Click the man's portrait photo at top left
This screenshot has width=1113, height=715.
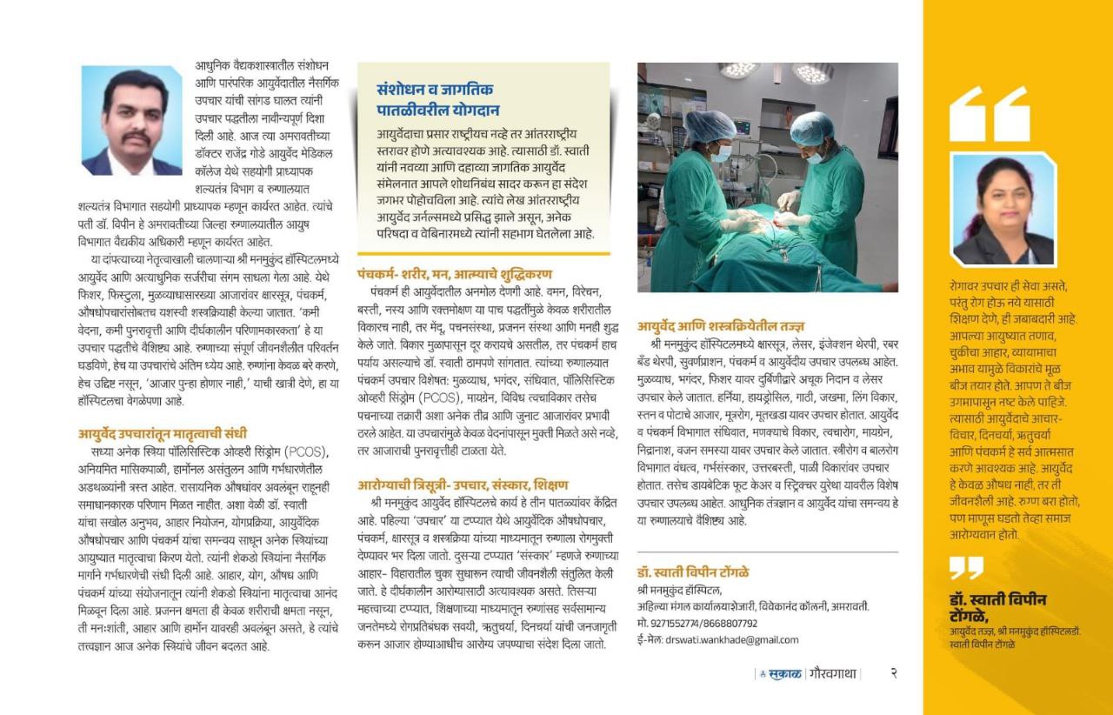click(x=132, y=121)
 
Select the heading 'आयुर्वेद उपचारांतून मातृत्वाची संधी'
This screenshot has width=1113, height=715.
click(x=163, y=432)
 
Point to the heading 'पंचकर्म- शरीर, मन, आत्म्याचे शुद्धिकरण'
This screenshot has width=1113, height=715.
click(x=454, y=273)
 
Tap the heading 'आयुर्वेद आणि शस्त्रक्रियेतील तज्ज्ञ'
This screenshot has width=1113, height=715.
click(x=721, y=327)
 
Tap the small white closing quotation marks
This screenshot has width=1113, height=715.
click(x=965, y=569)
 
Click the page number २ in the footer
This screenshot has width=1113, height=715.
click(x=893, y=672)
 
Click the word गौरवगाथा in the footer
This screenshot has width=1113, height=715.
click(x=832, y=673)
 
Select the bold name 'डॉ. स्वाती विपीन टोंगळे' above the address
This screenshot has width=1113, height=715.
click(x=693, y=571)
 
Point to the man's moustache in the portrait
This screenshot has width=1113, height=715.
click(x=134, y=138)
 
